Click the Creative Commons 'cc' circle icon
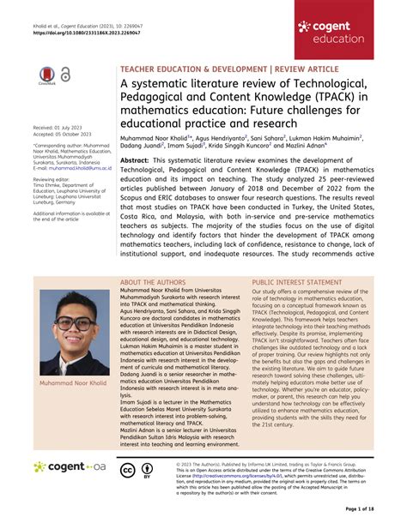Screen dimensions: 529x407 (126, 469)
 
